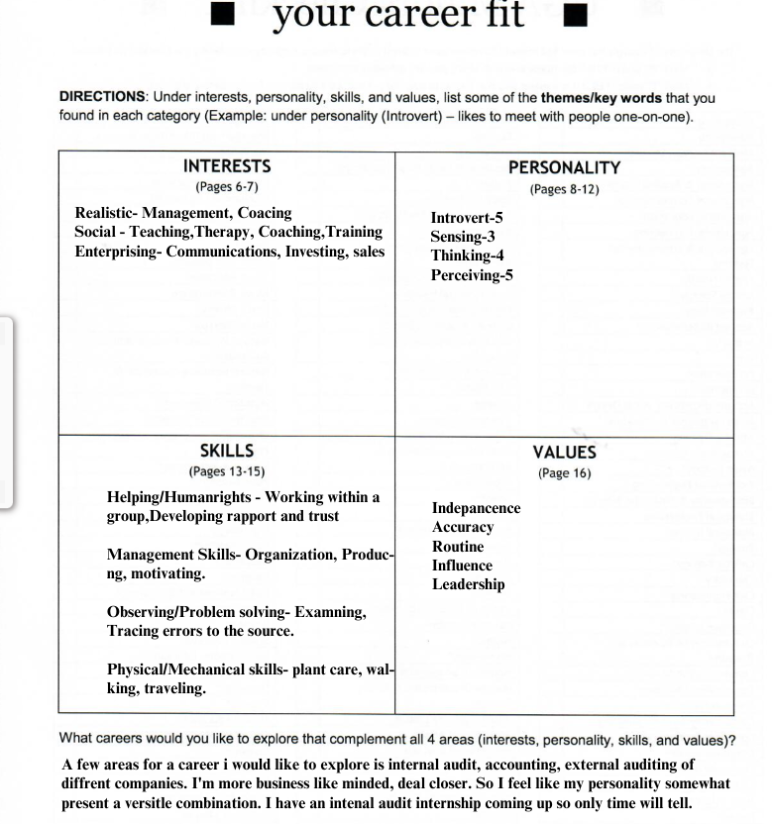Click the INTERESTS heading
click(x=227, y=166)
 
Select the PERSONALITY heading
click(x=564, y=168)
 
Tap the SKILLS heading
click(x=227, y=451)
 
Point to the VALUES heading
click(x=564, y=453)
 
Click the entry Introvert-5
click(x=467, y=218)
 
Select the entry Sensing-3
click(x=463, y=237)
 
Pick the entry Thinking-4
click(x=467, y=256)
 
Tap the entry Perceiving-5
click(x=472, y=275)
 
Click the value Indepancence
click(x=476, y=508)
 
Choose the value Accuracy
click(x=463, y=527)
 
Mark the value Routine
click(x=458, y=547)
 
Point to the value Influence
click(x=462, y=566)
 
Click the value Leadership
click(x=468, y=584)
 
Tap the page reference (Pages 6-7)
click(x=227, y=187)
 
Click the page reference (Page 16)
click(x=564, y=473)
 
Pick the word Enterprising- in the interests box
click(x=118, y=252)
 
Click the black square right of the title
click(x=582, y=16)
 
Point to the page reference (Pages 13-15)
click(x=227, y=471)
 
